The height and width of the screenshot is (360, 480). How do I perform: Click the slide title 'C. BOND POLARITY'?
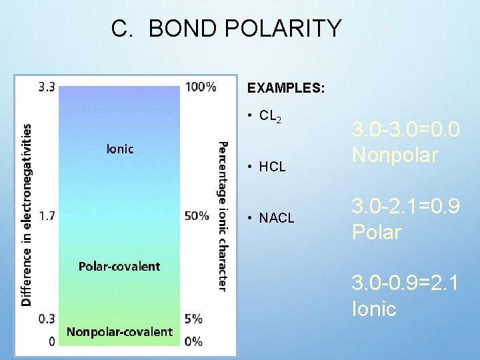tap(226, 29)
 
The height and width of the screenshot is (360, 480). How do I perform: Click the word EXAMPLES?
tap(285, 88)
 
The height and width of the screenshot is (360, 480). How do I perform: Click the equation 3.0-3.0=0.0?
tap(405, 130)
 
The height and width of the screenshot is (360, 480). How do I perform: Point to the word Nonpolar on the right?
tap(395, 155)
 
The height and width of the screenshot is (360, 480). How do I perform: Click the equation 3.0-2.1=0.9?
tap(405, 207)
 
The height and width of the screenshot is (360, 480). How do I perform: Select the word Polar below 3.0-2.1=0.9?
tap(377, 232)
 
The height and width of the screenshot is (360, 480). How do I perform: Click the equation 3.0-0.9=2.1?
tap(405, 283)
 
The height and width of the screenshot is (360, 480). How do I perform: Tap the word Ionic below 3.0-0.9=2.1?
tap(374, 309)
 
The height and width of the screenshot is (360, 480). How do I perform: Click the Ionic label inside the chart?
tap(120, 149)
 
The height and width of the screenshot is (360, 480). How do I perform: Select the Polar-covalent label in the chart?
tap(119, 266)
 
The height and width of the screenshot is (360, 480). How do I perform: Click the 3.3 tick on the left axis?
tap(47, 87)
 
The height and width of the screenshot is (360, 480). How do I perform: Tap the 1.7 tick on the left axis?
tap(47, 215)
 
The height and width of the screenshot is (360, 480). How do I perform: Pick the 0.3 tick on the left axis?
tap(47, 319)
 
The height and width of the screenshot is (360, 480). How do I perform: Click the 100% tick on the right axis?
tap(201, 87)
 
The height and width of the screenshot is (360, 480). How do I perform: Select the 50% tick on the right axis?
tap(197, 215)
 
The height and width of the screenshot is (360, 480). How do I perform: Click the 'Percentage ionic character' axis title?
tap(223, 215)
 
